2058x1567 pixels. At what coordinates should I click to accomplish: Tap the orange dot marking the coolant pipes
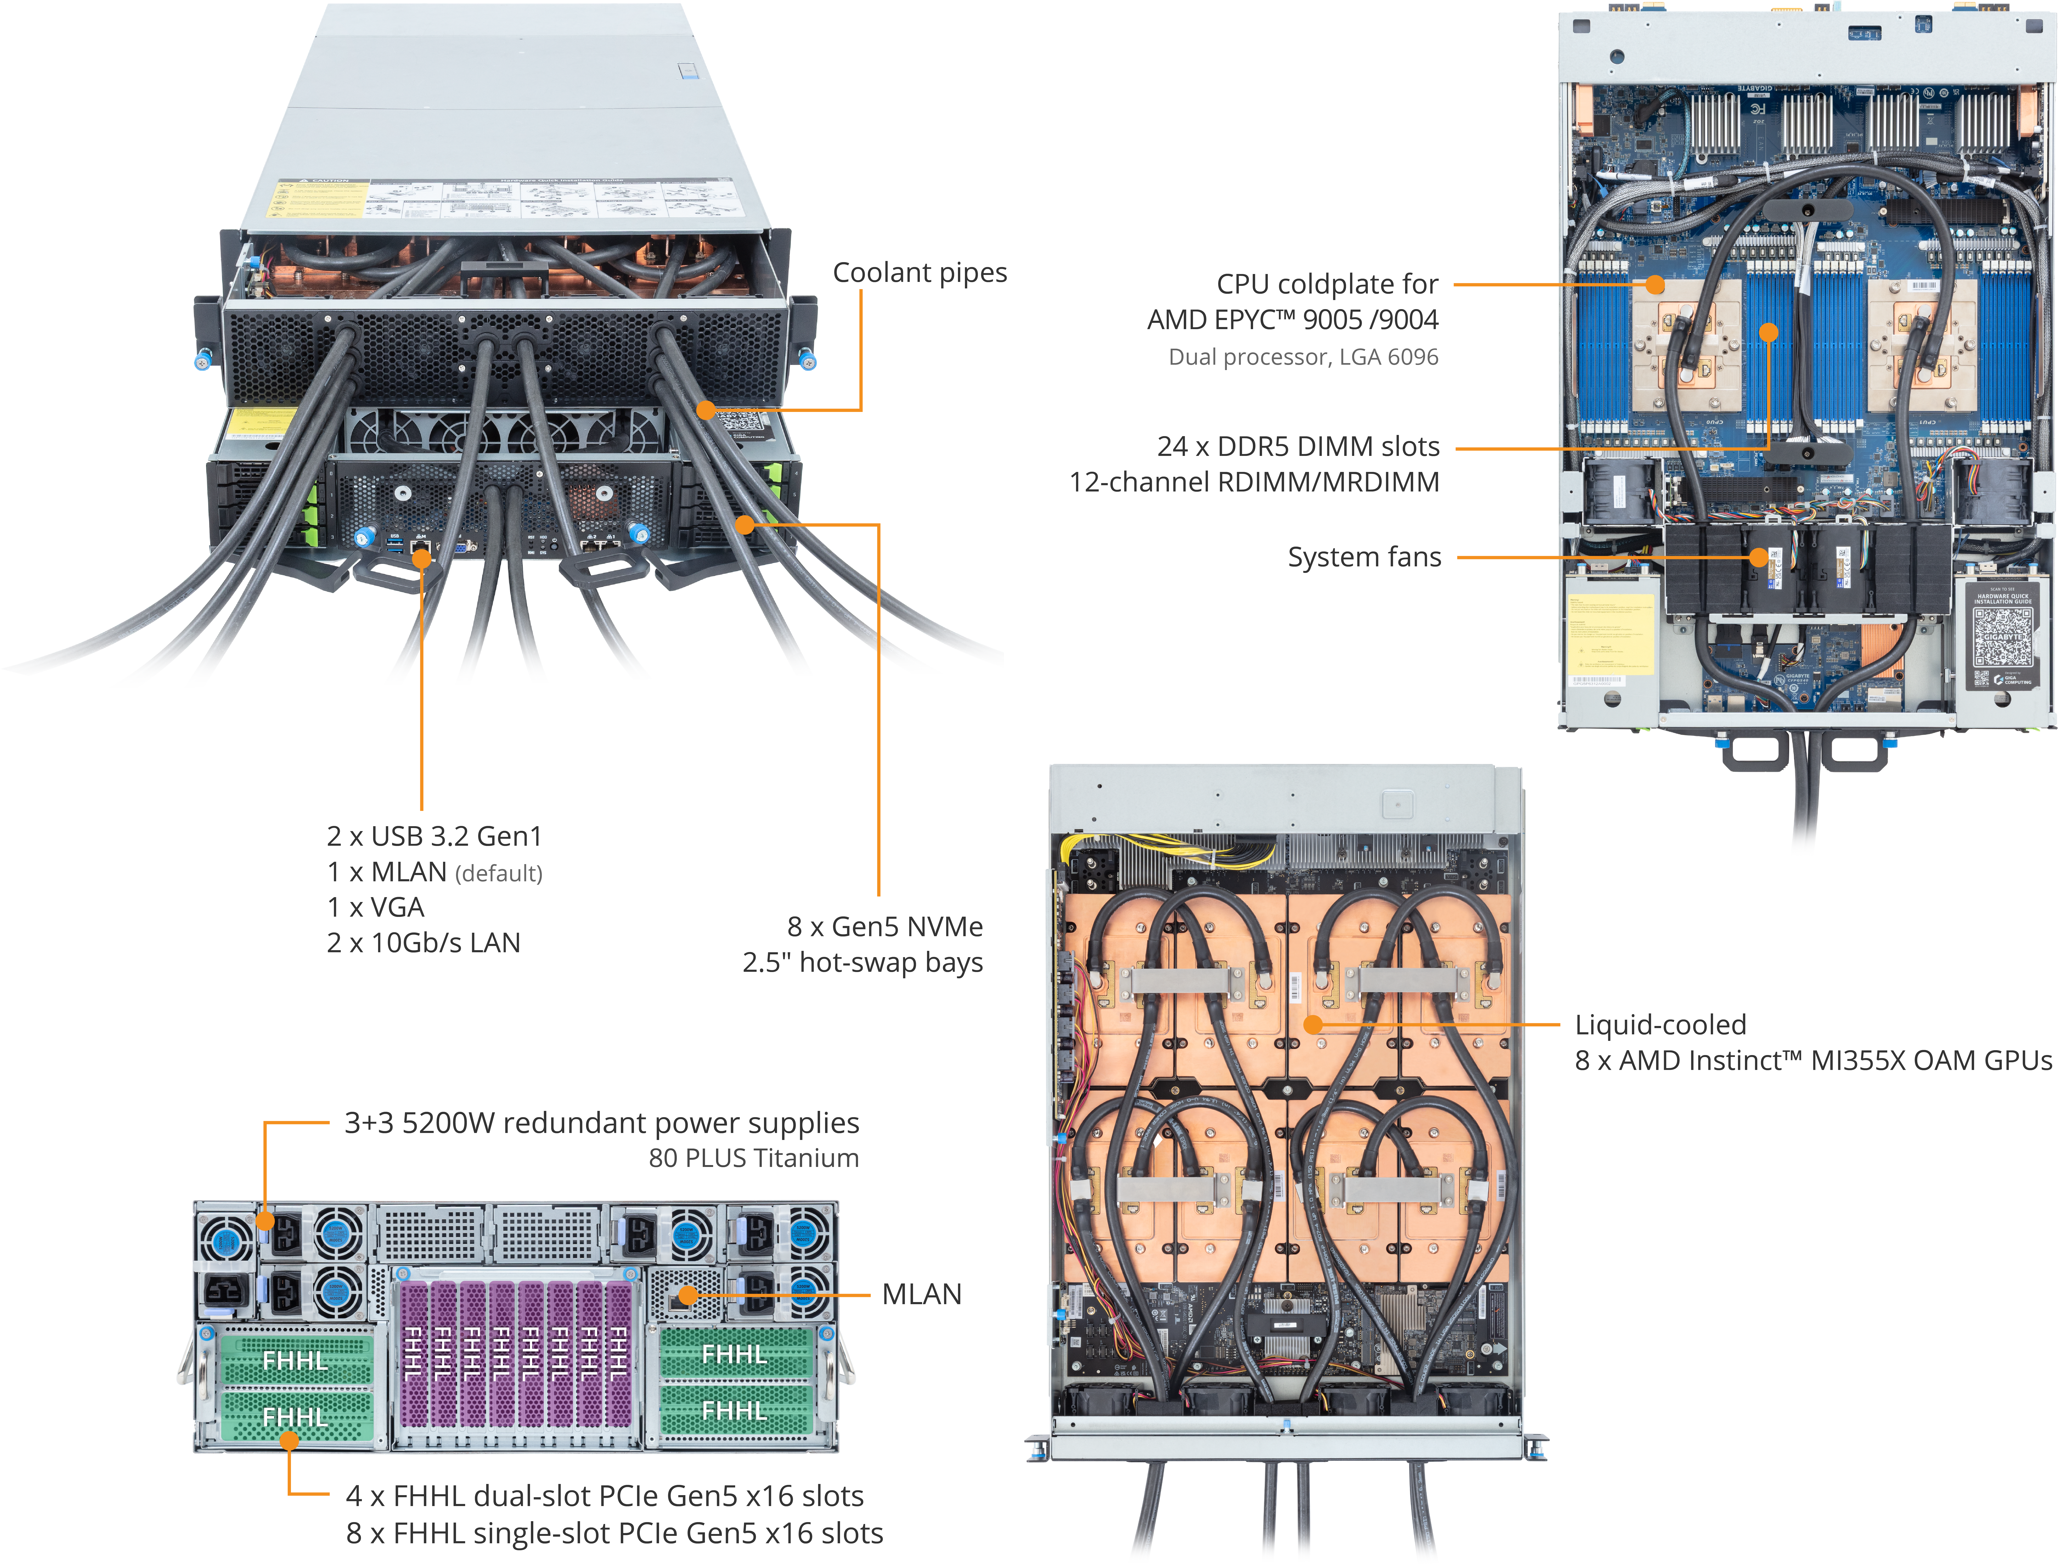(706, 409)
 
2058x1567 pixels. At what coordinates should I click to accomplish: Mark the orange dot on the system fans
(1759, 558)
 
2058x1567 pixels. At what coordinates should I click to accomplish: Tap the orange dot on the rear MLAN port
(687, 1295)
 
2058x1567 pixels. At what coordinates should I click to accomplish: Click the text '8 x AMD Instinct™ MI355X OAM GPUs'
(1813, 1061)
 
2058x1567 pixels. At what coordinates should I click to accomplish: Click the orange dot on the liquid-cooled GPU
(1313, 1024)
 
